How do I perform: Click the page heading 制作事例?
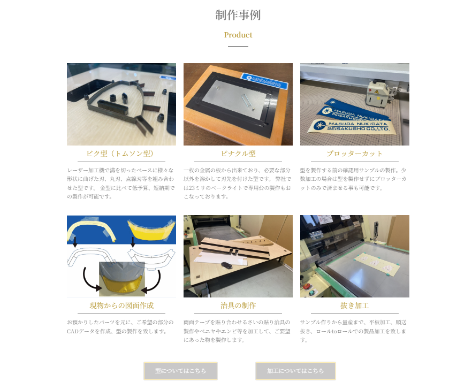[238, 15]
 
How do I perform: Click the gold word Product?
[238, 35]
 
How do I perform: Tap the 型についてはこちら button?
[180, 371]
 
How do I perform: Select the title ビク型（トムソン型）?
[121, 154]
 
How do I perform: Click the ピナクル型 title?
[238, 154]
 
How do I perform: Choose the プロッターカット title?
[355, 154]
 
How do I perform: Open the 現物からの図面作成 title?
[121, 305]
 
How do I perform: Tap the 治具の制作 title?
[238, 305]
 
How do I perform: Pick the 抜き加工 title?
[355, 305]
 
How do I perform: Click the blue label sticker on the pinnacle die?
[264, 81]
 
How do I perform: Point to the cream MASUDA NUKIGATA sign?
[351, 126]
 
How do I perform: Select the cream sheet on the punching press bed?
[378, 264]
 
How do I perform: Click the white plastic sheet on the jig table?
[221, 258]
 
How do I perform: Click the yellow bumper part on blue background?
[151, 231]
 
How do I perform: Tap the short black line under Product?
[238, 47]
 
